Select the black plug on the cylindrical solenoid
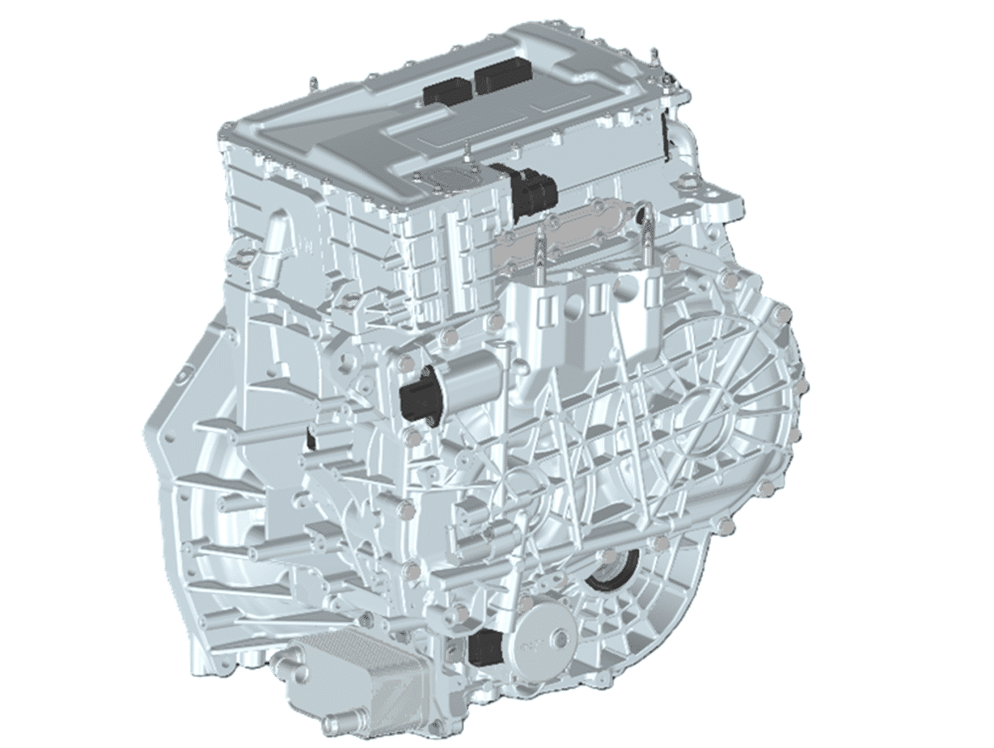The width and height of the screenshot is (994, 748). click(417, 400)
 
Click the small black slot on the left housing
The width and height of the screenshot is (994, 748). click(310, 439)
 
